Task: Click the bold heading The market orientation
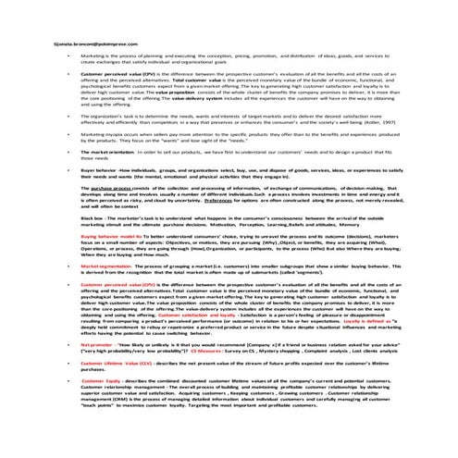(108, 174)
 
